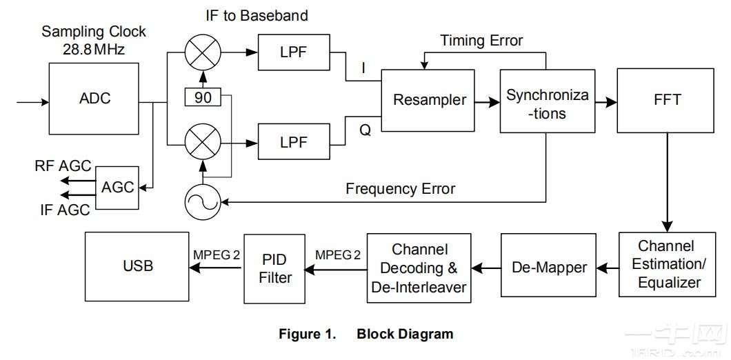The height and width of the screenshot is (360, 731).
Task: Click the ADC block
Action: [94, 99]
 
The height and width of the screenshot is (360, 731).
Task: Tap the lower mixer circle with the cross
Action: [203, 143]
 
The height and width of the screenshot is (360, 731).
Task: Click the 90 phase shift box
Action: [203, 97]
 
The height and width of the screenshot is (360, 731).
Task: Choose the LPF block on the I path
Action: [293, 52]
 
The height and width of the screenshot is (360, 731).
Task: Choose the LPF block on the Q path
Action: [293, 143]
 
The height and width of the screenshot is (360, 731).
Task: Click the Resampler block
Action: [429, 100]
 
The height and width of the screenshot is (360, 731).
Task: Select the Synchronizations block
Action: [547, 101]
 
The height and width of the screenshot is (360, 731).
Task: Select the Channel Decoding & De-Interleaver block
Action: [420, 268]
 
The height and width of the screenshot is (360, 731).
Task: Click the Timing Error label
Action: [481, 41]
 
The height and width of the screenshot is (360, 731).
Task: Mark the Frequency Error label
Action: [400, 188]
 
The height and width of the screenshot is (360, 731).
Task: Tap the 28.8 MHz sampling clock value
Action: [94, 49]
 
